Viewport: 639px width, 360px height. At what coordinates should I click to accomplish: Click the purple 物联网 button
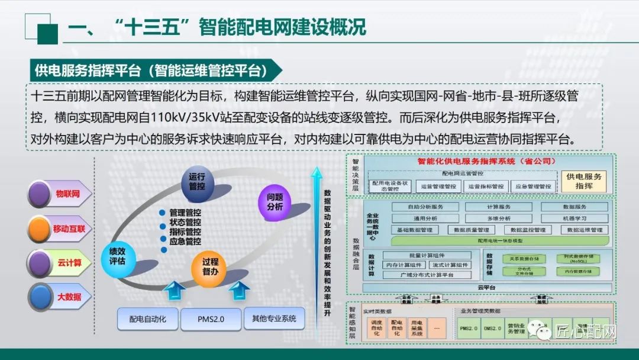pyautogui.click(x=59, y=194)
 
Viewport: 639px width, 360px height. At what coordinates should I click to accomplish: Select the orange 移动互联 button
pyautogui.click(x=59, y=229)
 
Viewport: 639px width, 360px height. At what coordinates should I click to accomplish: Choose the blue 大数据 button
pyautogui.click(x=59, y=297)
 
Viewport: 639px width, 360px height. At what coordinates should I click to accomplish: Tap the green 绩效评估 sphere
pyautogui.click(x=117, y=256)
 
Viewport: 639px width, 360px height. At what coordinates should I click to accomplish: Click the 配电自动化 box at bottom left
pyautogui.click(x=147, y=319)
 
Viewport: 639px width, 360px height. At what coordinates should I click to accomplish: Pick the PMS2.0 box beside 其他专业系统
pyautogui.click(x=211, y=319)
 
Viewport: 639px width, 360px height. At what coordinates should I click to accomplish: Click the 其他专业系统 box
pyautogui.click(x=274, y=319)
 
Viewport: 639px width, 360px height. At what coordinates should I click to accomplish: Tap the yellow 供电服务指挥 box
pyautogui.click(x=584, y=181)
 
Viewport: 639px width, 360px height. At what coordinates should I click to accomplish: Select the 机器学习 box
pyautogui.click(x=575, y=218)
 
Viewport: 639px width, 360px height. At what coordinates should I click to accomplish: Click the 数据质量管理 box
pyautogui.click(x=471, y=230)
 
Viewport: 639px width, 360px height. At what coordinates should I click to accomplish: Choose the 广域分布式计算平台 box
pyautogui.click(x=427, y=275)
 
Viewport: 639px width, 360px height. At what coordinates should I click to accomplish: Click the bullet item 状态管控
pyautogui.click(x=185, y=222)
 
